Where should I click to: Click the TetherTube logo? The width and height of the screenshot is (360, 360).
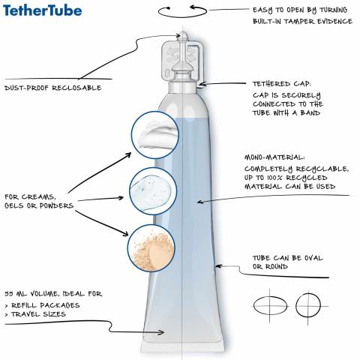click(x=42, y=10)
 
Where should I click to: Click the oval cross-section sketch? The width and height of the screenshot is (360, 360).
click(x=270, y=305)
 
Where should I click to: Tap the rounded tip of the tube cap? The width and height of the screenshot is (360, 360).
click(x=183, y=34)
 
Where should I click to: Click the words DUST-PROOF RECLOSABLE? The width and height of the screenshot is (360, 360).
click(x=53, y=88)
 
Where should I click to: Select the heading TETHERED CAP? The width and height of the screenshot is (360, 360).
click(x=282, y=84)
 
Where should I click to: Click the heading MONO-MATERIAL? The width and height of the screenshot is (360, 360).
click(x=274, y=157)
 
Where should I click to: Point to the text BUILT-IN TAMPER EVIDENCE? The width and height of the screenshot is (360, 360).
click(x=302, y=21)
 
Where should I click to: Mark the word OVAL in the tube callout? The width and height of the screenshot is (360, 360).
click(x=313, y=258)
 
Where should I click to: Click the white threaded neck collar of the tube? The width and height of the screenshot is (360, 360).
click(x=183, y=86)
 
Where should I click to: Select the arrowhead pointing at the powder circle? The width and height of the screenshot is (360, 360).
click(x=125, y=233)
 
